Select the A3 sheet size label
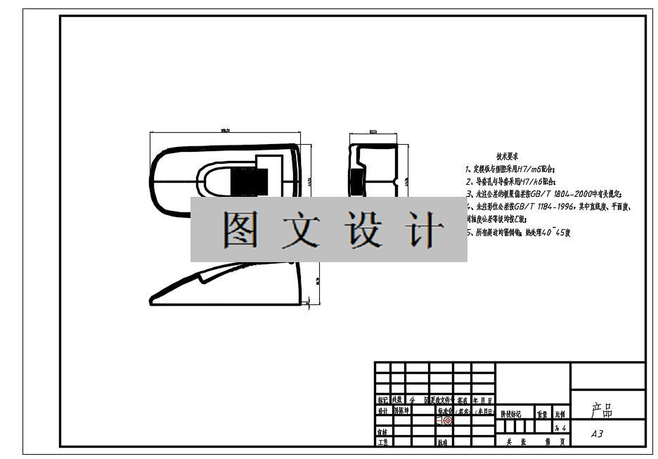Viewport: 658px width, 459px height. pos(597,434)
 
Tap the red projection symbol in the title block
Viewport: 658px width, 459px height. pos(447,420)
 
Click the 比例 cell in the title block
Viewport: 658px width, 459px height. pos(561,415)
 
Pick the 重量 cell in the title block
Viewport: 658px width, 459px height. pos(543,415)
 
